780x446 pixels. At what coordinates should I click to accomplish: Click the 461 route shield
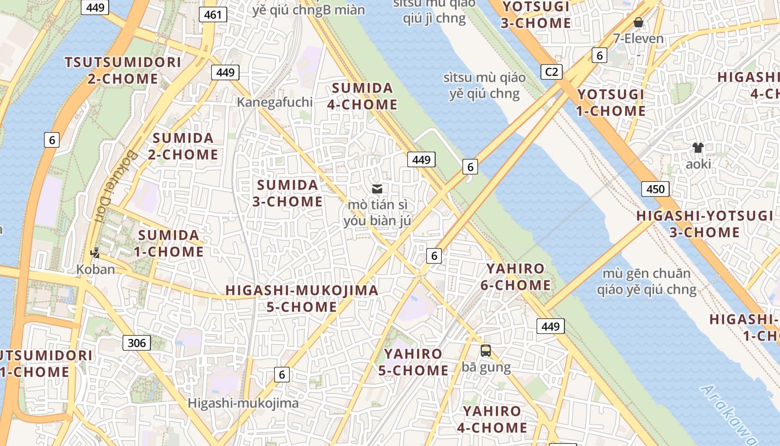[213, 14]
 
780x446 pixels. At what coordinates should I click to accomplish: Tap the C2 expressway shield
[551, 71]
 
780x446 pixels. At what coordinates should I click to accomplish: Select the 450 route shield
[655, 189]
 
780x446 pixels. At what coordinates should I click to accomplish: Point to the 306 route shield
[136, 342]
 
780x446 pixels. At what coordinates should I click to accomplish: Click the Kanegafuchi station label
[275, 102]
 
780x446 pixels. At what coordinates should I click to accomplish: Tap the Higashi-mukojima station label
[243, 403]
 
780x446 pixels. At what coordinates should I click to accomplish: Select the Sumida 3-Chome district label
[287, 193]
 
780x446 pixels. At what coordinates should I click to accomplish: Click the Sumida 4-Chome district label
[364, 96]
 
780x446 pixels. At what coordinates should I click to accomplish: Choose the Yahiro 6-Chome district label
[515, 277]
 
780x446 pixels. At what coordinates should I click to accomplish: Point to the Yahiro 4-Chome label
[492, 419]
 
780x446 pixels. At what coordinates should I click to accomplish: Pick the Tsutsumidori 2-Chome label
[123, 70]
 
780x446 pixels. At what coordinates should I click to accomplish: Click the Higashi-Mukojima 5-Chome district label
[301, 298]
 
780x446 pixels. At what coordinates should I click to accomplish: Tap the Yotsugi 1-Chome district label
[611, 103]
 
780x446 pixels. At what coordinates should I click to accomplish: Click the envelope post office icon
[377, 188]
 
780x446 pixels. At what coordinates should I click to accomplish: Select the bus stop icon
[486, 351]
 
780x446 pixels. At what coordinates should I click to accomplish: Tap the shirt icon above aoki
[698, 148]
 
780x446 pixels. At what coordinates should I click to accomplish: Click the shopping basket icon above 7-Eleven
[638, 22]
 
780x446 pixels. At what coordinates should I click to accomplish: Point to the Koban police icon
[95, 253]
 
